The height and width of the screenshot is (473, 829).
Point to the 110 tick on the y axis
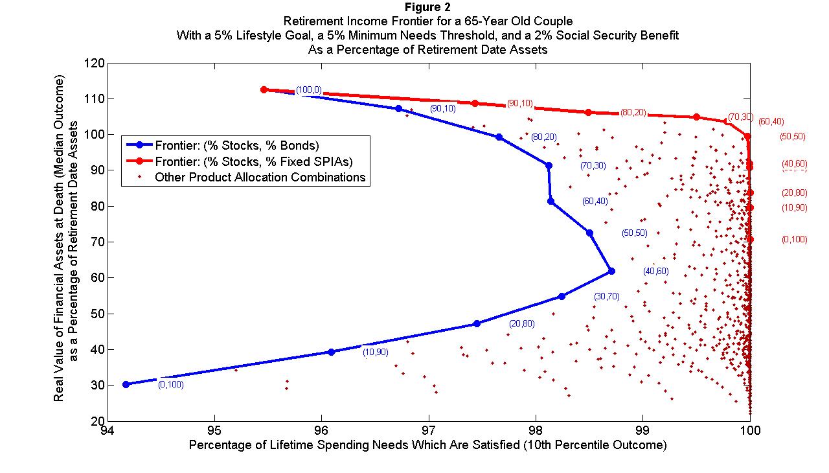point(96,98)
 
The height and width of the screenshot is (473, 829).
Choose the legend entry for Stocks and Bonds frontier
point(237,144)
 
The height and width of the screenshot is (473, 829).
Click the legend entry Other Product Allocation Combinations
point(260,177)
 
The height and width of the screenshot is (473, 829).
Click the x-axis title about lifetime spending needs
point(427,446)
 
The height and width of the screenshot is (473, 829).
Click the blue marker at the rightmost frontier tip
point(611,271)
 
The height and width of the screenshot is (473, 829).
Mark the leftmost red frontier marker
point(264,89)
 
